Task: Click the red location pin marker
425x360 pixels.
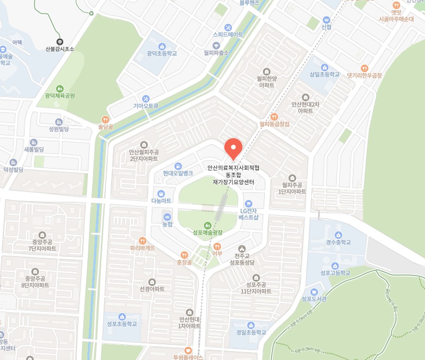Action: point(233,148)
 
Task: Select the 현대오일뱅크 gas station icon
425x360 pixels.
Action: point(178,166)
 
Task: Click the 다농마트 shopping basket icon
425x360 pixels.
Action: point(161,193)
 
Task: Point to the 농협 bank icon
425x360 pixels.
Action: point(167,217)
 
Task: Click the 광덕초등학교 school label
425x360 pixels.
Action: point(162,54)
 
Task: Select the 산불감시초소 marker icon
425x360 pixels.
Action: point(60,41)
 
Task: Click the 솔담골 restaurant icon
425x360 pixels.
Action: point(106,120)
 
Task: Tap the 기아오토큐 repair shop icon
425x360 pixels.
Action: point(145,98)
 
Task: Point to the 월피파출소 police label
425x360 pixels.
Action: point(216,53)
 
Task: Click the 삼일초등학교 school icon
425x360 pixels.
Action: point(325,67)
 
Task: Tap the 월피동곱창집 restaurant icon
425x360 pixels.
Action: point(274,117)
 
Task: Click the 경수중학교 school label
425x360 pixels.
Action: point(338,242)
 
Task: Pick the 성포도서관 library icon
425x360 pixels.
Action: point(314,291)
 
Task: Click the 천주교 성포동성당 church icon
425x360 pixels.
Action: point(242,248)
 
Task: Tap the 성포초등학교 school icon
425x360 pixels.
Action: point(122,316)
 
